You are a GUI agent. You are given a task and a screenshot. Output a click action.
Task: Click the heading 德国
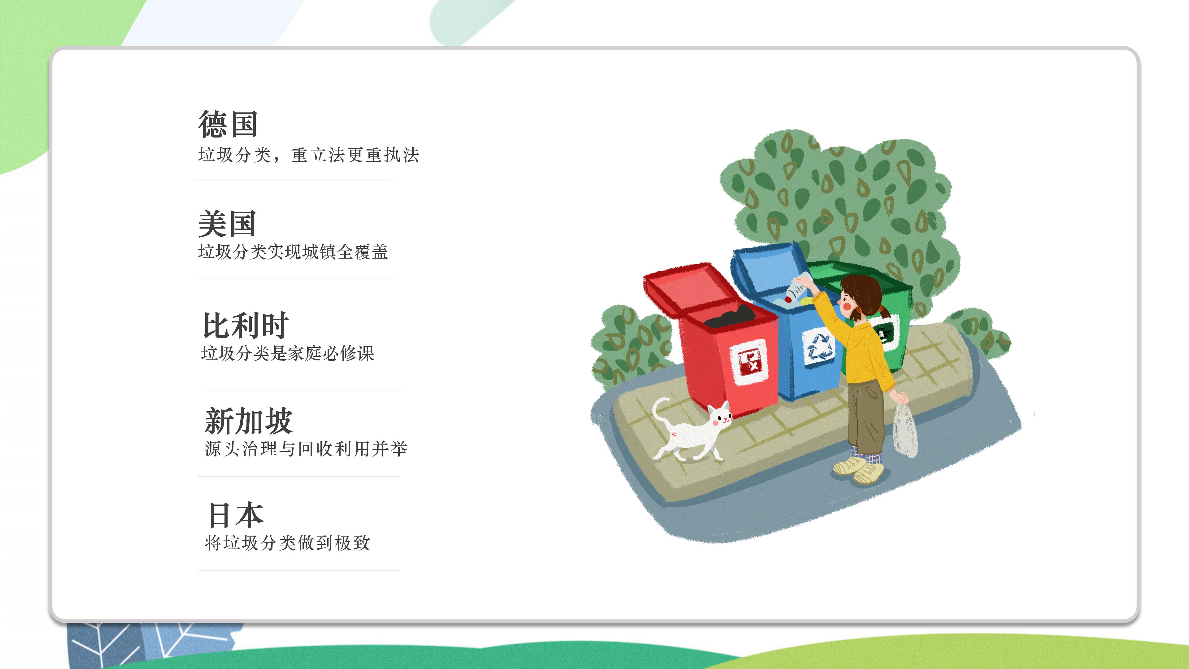tap(228, 124)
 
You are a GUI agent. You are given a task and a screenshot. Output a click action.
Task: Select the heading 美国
tap(227, 224)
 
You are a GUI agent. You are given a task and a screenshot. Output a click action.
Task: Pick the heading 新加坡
tap(249, 421)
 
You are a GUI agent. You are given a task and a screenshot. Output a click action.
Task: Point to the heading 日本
tap(236, 515)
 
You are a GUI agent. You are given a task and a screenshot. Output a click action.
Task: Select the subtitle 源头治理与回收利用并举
tap(306, 448)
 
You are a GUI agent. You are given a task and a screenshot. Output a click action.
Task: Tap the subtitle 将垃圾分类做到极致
tap(287, 543)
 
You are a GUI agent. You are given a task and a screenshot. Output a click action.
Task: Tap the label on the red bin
tap(748, 362)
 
